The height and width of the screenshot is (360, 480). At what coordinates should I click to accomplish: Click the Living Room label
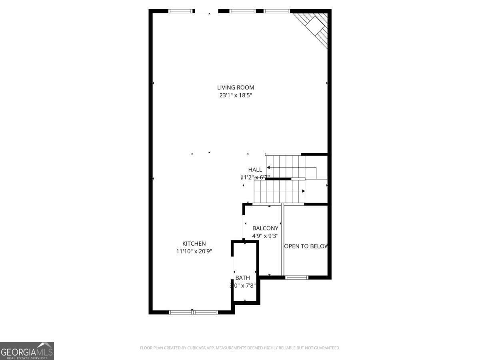click(x=236, y=88)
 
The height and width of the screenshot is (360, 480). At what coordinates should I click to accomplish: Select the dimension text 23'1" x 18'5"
click(x=236, y=96)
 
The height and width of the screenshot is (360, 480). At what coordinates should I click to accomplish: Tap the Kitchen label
click(x=194, y=244)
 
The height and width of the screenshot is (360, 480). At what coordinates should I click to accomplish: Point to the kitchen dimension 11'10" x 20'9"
click(x=194, y=251)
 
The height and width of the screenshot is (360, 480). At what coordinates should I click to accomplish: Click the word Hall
click(x=255, y=170)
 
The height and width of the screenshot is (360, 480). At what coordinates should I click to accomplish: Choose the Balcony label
click(x=265, y=228)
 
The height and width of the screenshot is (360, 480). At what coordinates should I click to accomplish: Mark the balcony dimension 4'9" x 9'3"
click(x=265, y=236)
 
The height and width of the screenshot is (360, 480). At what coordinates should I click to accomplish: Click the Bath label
click(x=242, y=278)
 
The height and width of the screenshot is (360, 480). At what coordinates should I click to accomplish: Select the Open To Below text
click(x=306, y=246)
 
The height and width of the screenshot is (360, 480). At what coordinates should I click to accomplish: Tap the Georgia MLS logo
click(x=27, y=351)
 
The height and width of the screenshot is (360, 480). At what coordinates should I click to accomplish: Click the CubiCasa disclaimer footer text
click(x=240, y=348)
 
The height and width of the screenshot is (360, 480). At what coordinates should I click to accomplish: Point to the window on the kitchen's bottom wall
click(x=194, y=312)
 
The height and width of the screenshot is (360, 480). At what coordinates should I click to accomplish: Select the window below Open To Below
click(x=297, y=277)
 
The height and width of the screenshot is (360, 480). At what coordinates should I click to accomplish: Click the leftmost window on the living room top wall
click(x=181, y=11)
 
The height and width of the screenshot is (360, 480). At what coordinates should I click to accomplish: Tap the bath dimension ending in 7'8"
click(x=243, y=286)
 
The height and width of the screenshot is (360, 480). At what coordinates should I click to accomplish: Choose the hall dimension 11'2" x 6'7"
click(x=255, y=177)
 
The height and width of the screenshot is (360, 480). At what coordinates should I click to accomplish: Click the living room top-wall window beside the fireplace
click(x=276, y=11)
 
